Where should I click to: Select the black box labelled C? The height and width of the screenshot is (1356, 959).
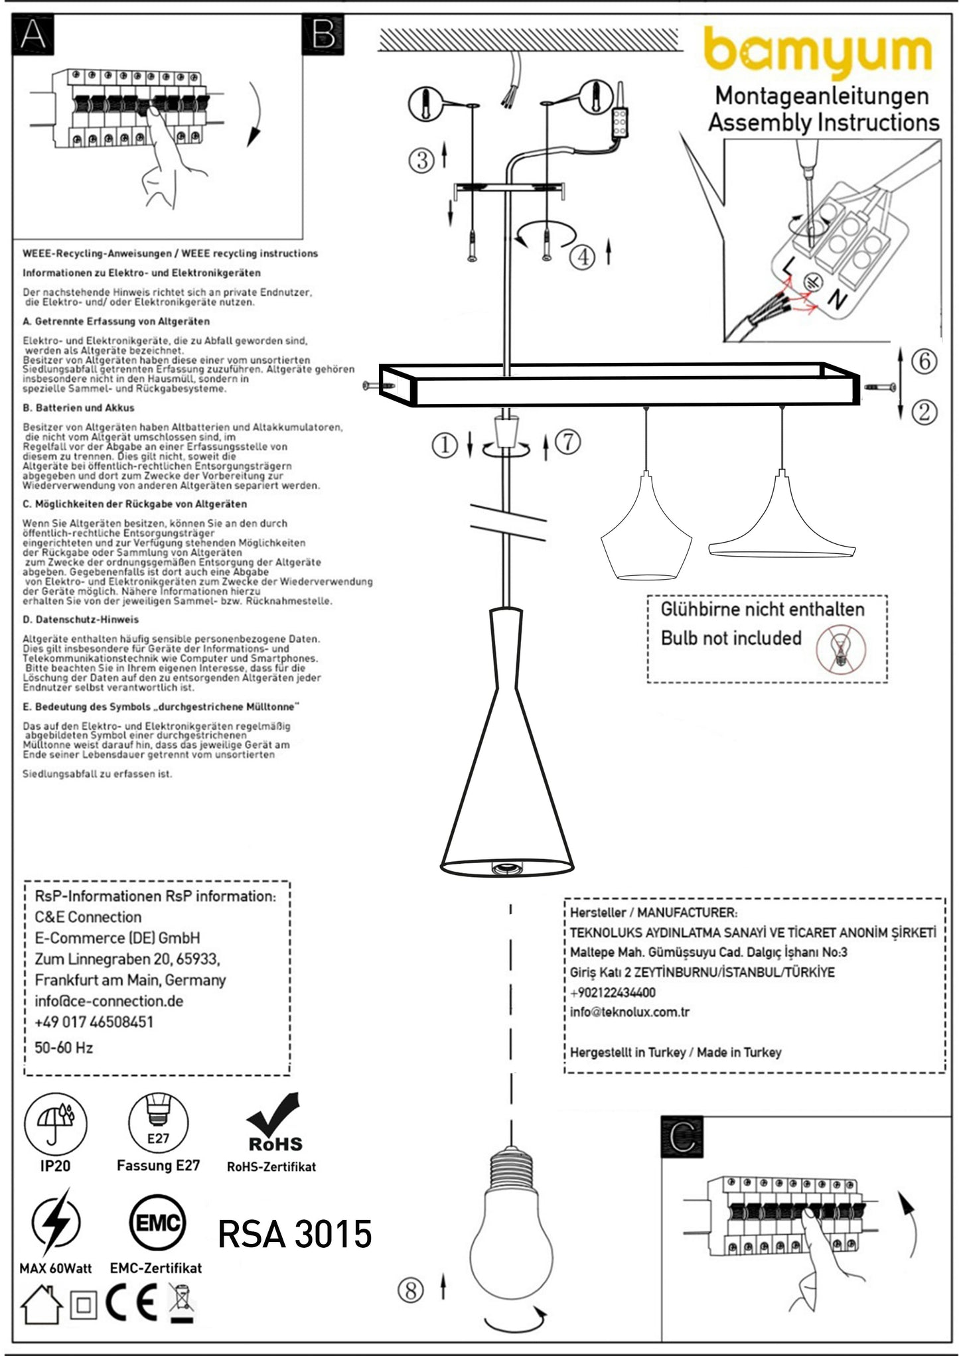pos(682,1137)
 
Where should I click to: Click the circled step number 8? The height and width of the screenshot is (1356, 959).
pos(410,1290)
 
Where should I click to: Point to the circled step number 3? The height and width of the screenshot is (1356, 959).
pos(421,160)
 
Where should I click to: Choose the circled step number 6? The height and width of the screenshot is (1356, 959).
pos(924,362)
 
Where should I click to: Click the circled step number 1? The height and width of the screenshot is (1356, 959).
pos(445,444)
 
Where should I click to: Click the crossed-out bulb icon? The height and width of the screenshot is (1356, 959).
pos(841,648)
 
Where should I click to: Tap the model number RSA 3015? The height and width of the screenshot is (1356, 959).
pos(295,1234)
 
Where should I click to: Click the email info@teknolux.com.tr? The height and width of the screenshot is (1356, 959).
pos(629,1012)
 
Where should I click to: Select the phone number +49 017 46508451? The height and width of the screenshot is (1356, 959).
pos(94,1022)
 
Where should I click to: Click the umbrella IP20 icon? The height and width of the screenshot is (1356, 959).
pos(55,1124)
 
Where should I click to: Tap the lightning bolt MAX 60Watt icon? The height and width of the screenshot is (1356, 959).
pos(56,1222)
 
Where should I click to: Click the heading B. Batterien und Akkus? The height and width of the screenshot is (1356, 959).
pos(78,408)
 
